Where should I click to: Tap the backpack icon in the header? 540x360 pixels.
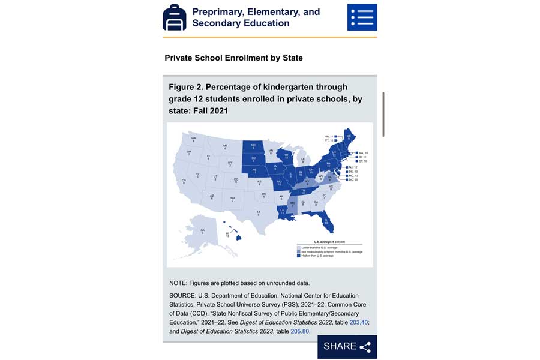coord(174,17)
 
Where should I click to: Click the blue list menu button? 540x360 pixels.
coord(362,17)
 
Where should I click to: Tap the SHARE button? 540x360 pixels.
coord(347,346)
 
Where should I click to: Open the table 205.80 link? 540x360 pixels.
coord(300,331)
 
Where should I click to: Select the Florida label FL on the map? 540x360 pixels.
coord(326,221)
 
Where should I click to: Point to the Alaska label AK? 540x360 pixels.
coord(202,231)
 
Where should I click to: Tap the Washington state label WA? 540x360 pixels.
coord(194,139)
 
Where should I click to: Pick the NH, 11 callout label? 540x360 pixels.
coord(329,136)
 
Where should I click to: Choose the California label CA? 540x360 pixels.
coord(184,181)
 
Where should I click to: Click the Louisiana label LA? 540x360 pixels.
coord(282,211)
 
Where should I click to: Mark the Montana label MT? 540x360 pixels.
coord(225,147)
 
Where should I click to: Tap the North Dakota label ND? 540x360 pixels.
coord(253,146)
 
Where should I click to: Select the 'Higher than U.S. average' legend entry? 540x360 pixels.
coord(319,256)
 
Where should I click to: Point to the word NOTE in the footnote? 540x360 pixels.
coord(178,283)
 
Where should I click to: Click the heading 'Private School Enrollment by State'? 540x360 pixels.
coord(233,58)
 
